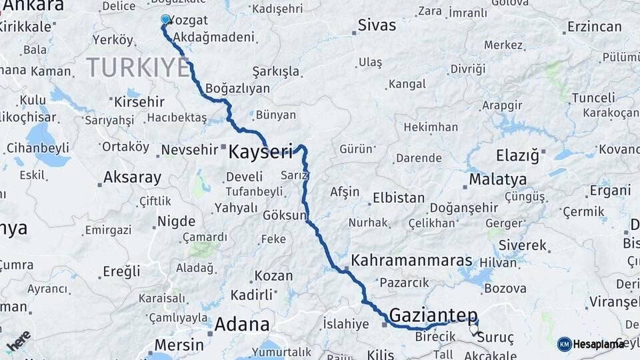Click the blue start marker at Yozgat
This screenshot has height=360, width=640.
click(x=165, y=19)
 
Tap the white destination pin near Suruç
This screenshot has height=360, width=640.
click(x=473, y=329)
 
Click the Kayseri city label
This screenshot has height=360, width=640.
click(x=261, y=152)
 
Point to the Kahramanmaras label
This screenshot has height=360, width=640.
click(x=411, y=261)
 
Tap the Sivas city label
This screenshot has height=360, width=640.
click(x=377, y=26)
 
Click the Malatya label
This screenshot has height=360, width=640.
click(x=497, y=179)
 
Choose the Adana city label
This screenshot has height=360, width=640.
click(x=242, y=325)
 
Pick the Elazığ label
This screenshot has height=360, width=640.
click(x=517, y=156)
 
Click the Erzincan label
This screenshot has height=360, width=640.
click(x=594, y=27)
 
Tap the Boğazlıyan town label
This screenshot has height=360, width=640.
click(x=238, y=88)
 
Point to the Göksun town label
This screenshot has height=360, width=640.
click(x=284, y=216)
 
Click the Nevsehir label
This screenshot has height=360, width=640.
click(x=190, y=149)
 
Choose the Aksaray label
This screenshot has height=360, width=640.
click(x=133, y=178)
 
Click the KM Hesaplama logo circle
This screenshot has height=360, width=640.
click(x=565, y=344)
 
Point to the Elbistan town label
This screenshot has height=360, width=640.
click(x=399, y=198)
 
